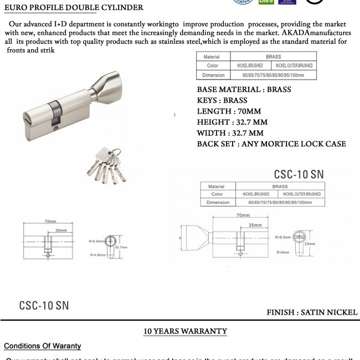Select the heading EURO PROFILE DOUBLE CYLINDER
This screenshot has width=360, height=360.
(74, 8)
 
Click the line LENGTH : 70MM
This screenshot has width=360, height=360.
(229, 111)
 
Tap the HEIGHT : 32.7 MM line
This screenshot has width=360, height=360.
(232, 122)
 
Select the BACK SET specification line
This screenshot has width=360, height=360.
(271, 144)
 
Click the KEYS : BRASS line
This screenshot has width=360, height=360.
(222, 100)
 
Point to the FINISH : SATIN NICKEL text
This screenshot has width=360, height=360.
(312, 312)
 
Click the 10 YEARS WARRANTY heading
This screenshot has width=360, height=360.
(185, 331)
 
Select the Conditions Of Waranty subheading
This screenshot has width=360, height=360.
(43, 346)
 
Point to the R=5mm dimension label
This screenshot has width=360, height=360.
(282, 251)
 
